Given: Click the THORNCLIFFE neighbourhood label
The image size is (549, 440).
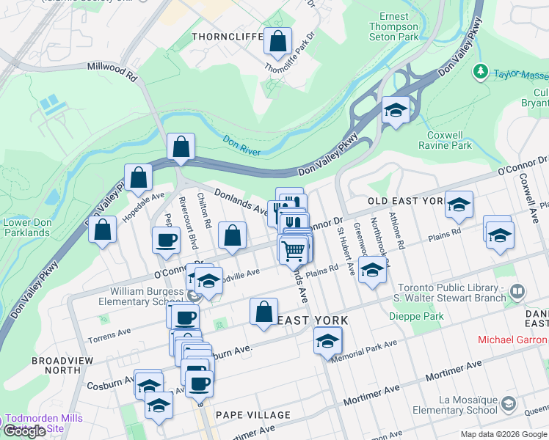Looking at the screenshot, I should coord(225,36).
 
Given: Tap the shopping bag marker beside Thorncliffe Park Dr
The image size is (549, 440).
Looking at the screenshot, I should coord(278,43).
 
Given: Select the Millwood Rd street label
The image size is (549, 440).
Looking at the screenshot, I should coord(112,70).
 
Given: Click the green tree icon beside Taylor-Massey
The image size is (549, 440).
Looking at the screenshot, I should coord(481,72).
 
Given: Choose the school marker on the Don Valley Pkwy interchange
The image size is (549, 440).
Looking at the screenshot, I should coord(396,111).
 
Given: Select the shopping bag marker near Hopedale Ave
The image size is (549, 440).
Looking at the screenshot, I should coord(138,177).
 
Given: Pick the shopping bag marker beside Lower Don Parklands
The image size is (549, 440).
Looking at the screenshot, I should coord(103,230).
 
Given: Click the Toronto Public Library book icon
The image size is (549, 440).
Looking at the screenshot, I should coord(517,292).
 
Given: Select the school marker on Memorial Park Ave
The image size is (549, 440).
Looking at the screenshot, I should coord(328,341).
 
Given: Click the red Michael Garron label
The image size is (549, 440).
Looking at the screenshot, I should coord(512,340).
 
